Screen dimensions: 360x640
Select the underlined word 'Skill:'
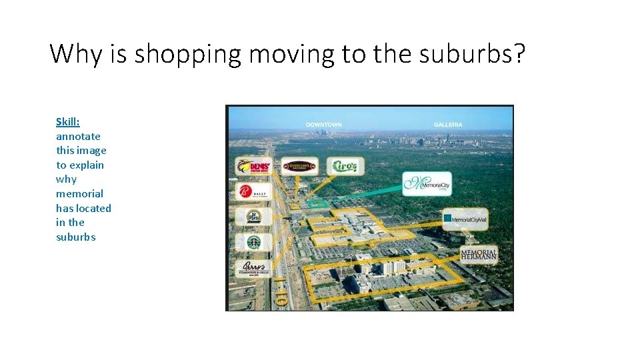68,122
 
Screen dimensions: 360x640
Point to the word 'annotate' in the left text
78,137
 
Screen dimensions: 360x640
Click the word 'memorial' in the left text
79,194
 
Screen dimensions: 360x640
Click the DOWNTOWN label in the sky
323,125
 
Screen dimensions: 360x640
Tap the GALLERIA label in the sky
447,125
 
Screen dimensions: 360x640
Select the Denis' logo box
254,166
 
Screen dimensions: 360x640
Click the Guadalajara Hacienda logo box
298,166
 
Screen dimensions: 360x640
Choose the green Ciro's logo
345,165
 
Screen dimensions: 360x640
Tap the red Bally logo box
254,192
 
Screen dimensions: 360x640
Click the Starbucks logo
254,242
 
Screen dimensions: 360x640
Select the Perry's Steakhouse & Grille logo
254,269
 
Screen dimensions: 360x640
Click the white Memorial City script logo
427,183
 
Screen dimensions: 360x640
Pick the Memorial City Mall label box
465,218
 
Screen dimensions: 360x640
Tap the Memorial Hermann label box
479,254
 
